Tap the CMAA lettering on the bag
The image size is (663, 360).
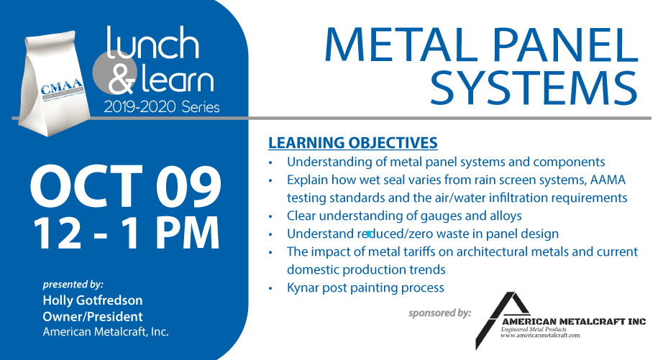62,88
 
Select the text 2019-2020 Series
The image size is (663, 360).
162,107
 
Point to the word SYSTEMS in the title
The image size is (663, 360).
534,88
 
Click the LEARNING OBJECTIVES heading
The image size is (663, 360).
352,143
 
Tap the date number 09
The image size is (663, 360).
188,186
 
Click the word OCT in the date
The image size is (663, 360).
87,186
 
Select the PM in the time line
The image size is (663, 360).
188,234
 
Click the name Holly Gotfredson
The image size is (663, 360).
93,300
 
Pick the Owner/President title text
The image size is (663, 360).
93,316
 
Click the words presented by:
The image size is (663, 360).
73,285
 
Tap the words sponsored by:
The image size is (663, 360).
440,313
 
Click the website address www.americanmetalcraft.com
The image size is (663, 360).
540,336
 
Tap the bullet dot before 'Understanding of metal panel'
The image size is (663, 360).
270,162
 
